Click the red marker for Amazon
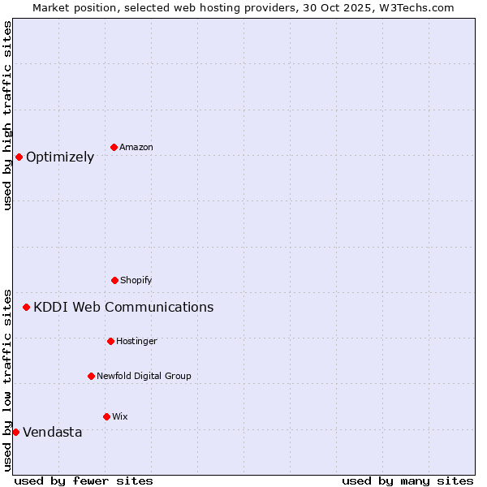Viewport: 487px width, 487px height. click(114, 147)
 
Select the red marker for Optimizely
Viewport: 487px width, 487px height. click(19, 157)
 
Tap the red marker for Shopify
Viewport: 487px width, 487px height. click(114, 280)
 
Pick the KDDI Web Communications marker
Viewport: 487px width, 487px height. click(26, 307)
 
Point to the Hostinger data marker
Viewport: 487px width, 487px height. click(110, 341)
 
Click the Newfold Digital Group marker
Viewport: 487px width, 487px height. click(91, 376)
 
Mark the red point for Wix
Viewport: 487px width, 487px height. click(106, 416)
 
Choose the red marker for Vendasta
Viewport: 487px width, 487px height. click(15, 432)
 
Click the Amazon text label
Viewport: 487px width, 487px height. click(136, 147)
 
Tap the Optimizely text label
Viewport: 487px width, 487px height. click(60, 157)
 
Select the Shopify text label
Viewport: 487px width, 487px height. click(136, 280)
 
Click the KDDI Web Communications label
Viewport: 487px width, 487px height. click(123, 307)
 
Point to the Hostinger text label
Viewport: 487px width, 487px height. click(136, 341)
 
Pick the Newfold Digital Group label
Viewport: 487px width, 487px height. click(144, 376)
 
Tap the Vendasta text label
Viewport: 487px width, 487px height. click(53, 432)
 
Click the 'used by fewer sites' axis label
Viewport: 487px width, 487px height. click(84, 481)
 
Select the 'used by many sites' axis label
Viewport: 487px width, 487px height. click(407, 481)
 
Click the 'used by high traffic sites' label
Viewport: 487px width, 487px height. click(7, 115)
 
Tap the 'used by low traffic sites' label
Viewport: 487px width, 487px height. click(7, 379)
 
